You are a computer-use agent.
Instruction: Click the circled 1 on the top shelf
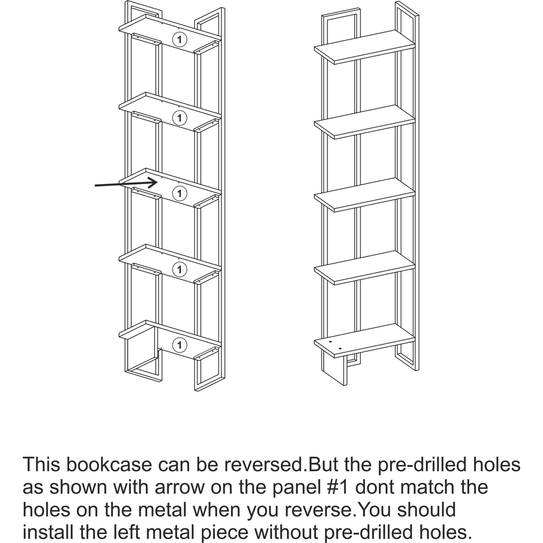[179, 40]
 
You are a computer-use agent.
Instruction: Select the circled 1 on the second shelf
[179, 118]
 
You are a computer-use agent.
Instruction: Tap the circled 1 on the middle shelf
[179, 193]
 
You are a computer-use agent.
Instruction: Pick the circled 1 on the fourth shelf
[179, 269]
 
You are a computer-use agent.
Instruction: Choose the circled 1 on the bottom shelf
[179, 345]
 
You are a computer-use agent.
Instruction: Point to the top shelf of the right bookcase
[364, 47]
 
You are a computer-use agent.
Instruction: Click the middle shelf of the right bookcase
[364, 194]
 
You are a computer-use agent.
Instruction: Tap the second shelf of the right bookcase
[364, 122]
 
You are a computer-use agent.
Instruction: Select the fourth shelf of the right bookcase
[364, 267]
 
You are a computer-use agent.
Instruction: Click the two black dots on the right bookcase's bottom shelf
[336, 345]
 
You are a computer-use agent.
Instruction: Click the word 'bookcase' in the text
[109, 464]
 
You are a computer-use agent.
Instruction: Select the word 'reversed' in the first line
[263, 464]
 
